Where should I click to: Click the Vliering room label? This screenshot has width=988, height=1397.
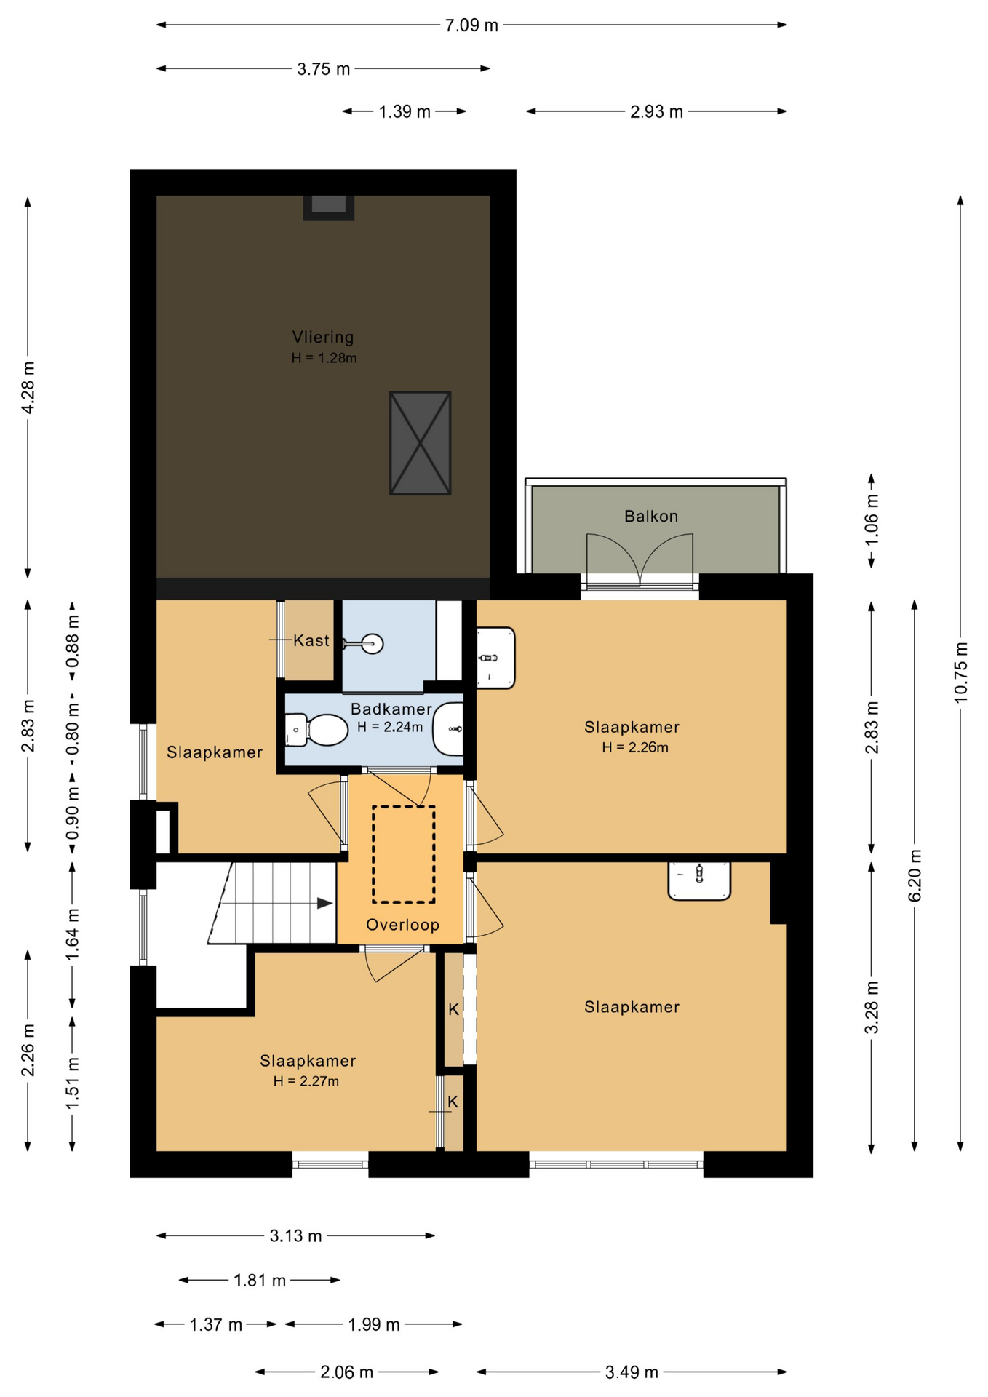[x=323, y=337]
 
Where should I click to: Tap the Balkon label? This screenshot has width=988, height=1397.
[x=651, y=517]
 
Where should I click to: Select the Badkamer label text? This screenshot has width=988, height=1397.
[x=391, y=709]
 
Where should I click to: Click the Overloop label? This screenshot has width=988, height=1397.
[x=402, y=925]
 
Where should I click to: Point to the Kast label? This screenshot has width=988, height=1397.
[x=311, y=640]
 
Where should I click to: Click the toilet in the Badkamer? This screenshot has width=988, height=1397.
[x=317, y=730]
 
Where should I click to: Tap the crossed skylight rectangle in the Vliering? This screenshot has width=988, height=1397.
[x=421, y=443]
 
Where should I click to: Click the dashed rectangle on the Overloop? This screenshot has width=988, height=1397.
[x=404, y=854]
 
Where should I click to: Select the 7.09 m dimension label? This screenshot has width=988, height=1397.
[x=471, y=25]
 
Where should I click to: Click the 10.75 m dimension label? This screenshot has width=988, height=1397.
[x=961, y=673]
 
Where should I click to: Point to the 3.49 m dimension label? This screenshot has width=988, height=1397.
[x=632, y=1372]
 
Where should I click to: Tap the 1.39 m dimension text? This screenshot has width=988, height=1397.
[x=405, y=112]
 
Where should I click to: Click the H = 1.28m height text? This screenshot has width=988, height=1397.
[x=324, y=358]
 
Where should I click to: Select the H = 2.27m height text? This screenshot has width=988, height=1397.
[x=306, y=1081]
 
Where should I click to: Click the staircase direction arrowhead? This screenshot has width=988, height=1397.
[x=324, y=904]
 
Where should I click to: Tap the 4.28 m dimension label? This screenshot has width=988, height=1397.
[x=28, y=388]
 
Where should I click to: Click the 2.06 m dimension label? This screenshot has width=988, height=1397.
[x=346, y=1372]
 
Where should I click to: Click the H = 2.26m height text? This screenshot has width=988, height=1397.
[x=635, y=747]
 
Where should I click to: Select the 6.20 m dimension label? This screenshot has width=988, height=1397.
[x=915, y=875]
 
